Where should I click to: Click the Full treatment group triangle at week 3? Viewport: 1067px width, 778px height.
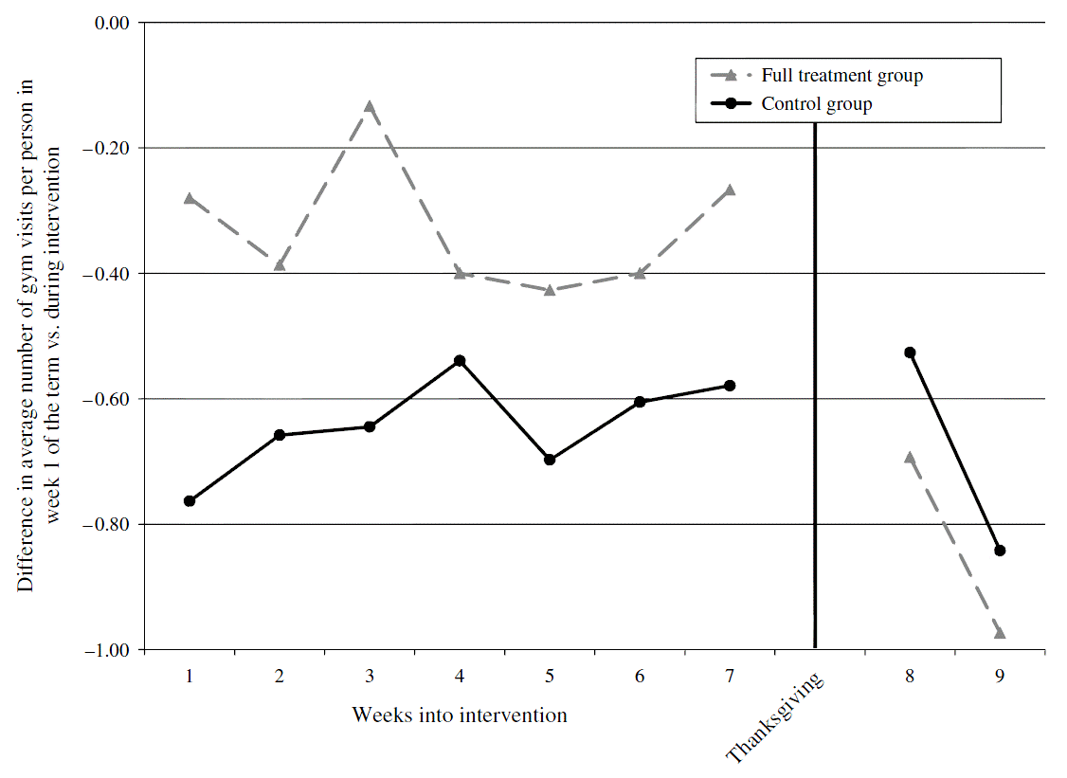(x=370, y=106)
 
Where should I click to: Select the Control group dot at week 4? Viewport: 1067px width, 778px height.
(x=460, y=361)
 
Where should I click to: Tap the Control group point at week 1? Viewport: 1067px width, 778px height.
(x=190, y=500)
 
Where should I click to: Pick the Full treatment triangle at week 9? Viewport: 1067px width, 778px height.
(x=1000, y=632)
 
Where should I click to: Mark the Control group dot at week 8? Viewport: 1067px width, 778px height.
(x=910, y=353)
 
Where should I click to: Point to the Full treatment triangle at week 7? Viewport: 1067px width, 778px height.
(x=730, y=190)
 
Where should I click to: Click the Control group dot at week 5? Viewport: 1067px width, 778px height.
(x=550, y=460)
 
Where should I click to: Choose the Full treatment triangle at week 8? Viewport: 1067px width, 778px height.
(x=910, y=457)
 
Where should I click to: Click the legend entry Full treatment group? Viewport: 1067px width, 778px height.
(x=841, y=76)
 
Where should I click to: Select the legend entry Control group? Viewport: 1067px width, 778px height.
(x=816, y=104)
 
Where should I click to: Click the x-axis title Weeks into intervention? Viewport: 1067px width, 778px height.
(x=460, y=715)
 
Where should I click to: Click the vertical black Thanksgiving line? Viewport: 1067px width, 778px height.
(x=815, y=379)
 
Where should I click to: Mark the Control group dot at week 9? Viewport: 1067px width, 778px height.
(x=1000, y=551)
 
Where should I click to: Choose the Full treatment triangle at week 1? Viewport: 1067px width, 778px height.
(x=190, y=198)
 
